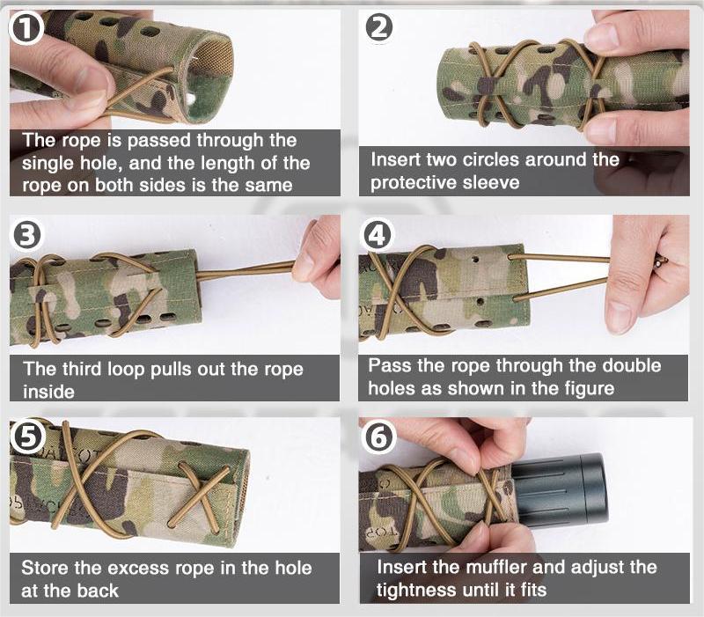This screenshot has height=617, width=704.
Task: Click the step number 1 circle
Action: (x=26, y=28)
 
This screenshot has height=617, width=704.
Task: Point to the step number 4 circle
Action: (x=378, y=235)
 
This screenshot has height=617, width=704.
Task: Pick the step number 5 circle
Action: (x=27, y=437)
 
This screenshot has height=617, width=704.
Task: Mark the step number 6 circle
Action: (x=378, y=437)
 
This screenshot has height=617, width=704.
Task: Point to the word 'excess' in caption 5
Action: (x=139, y=568)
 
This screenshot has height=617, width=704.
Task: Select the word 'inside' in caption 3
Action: (x=48, y=392)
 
